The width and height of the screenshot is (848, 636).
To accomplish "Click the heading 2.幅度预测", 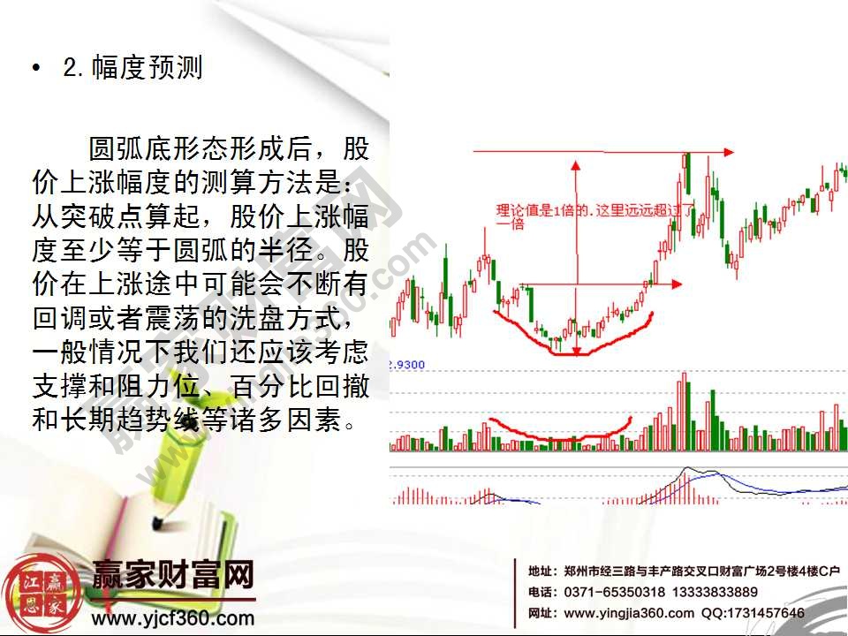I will [x=132, y=68].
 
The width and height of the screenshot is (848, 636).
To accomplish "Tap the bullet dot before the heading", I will [x=35, y=69].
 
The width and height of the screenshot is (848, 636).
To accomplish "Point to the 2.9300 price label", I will [x=407, y=364].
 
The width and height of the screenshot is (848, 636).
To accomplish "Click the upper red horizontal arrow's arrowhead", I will [x=728, y=152].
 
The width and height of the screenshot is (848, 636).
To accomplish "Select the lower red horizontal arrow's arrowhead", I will [x=677, y=284].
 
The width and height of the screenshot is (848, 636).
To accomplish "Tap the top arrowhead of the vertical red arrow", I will [x=575, y=166].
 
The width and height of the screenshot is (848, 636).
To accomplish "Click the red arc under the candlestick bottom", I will [x=565, y=350].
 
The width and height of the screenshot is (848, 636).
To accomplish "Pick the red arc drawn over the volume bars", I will [x=556, y=435].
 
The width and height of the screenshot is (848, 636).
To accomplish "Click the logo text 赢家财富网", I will [x=173, y=579].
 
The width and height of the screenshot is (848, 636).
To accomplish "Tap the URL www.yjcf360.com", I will [x=173, y=618].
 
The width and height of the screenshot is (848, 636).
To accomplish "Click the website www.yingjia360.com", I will [x=628, y=613].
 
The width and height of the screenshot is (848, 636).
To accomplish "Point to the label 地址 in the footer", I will [x=541, y=571].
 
